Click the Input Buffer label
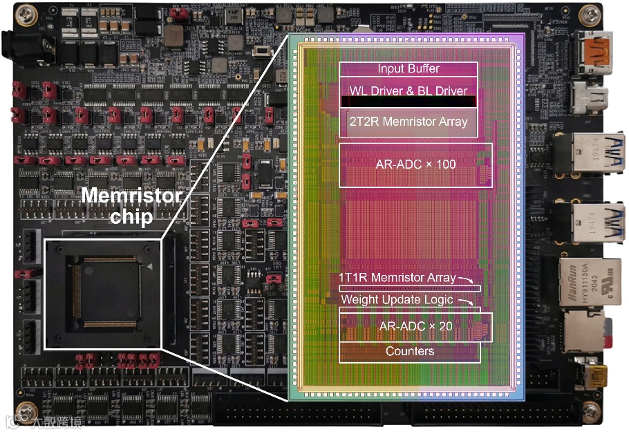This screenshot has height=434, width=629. [408, 69]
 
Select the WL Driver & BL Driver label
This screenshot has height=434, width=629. [408, 91]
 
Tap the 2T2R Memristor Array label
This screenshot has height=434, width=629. [408, 122]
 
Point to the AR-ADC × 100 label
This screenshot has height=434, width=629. [415, 164]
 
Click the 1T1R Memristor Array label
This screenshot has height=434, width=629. [397, 278]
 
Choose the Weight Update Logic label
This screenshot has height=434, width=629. [397, 299]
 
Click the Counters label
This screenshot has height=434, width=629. [410, 351]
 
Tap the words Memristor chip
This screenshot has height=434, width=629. [131, 206]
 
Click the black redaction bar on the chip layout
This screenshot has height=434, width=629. [408, 102]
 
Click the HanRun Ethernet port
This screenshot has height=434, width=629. [584, 280]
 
